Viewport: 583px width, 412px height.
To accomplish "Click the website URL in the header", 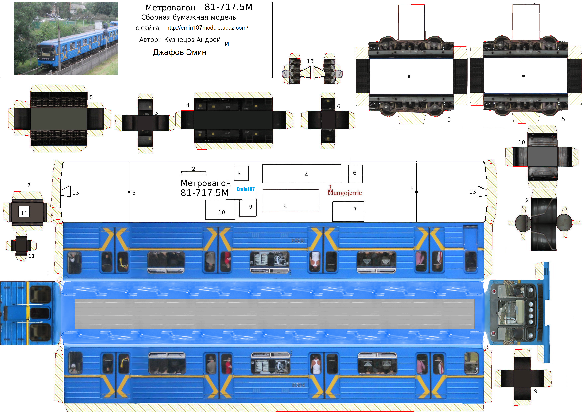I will click(x=207, y=28).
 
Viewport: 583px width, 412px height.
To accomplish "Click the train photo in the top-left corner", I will click(x=66, y=39).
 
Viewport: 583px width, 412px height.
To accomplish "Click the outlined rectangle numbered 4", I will click(x=301, y=174).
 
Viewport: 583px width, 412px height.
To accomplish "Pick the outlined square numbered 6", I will click(x=355, y=174).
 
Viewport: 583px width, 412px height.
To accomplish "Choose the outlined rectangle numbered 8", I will click(x=291, y=200).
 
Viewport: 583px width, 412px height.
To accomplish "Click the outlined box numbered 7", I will click(x=348, y=211).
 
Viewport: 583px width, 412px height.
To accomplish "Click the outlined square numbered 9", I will click(x=248, y=207).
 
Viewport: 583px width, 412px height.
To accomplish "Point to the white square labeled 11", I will click(x=24, y=212).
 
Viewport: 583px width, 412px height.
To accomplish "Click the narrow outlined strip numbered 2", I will click(x=194, y=173).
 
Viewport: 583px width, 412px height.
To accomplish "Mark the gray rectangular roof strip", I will click(x=274, y=314).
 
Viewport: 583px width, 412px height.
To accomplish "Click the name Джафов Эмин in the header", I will click(x=179, y=52).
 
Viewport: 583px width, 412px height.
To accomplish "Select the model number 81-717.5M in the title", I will click(x=229, y=7).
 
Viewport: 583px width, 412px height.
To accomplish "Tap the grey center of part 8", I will click(x=59, y=119).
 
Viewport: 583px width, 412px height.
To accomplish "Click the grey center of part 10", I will click(x=542, y=157).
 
